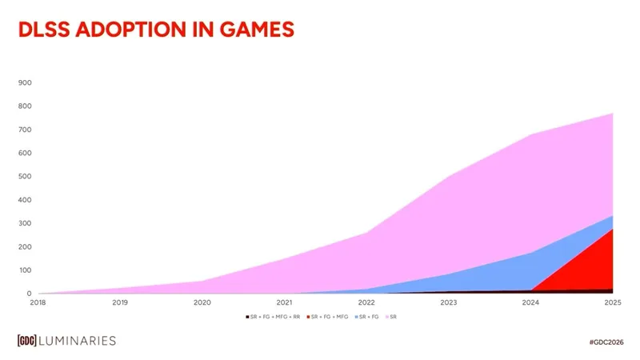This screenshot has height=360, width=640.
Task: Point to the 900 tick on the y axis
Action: tap(25, 82)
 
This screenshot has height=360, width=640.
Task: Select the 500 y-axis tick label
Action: tap(25, 176)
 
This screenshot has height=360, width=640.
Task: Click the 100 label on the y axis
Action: tap(25, 270)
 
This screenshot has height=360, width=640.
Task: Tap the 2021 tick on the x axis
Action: tap(284, 302)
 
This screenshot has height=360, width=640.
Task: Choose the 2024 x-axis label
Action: tap(530, 302)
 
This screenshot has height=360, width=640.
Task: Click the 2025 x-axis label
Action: tap(613, 302)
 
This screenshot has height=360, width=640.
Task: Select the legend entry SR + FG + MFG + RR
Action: tap(274, 318)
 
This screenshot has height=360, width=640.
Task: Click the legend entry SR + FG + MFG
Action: tap(328, 318)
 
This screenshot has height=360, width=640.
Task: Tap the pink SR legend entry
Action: tap(392, 318)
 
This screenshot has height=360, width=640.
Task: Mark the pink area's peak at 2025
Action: tap(612, 114)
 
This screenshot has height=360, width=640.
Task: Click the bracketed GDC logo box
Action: tap(30, 341)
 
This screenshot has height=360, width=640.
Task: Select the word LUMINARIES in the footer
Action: tap(81, 341)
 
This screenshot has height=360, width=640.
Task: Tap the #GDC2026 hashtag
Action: tap(605, 342)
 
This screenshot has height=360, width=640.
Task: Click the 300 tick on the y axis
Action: tap(25, 223)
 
